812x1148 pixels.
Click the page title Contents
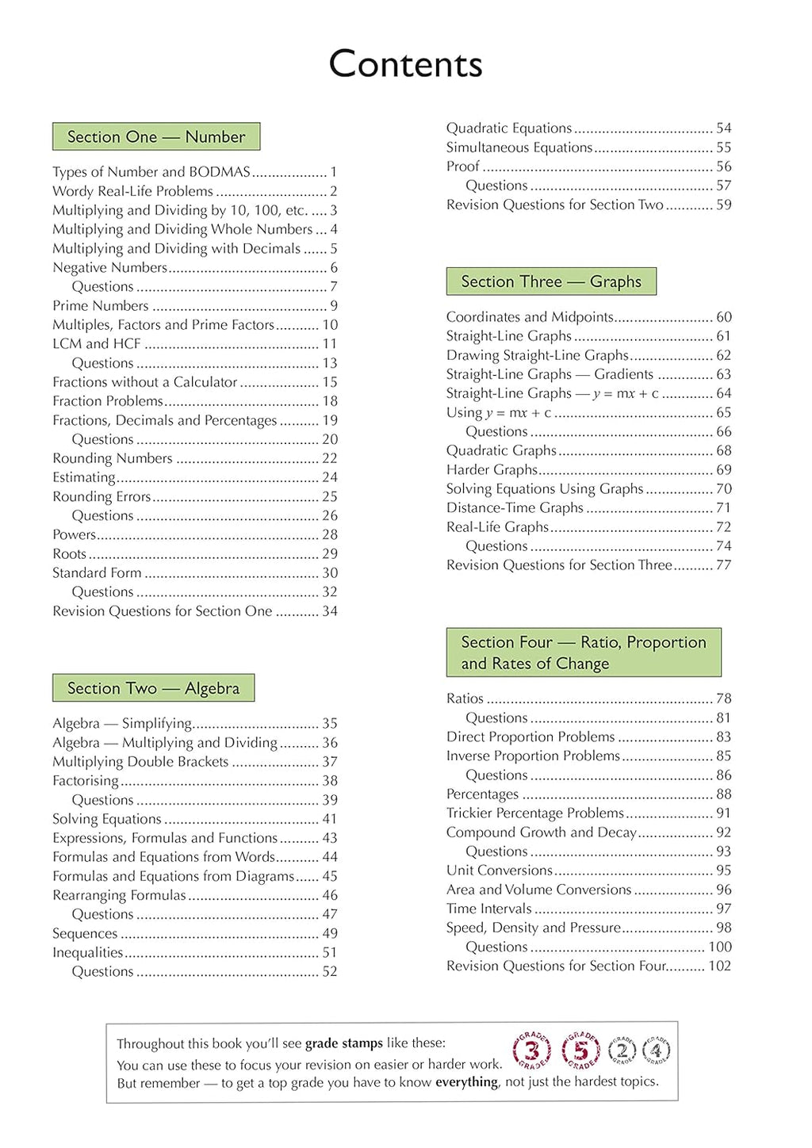tap(405, 64)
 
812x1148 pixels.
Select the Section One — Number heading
tap(156, 137)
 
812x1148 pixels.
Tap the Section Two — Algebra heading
tap(153, 688)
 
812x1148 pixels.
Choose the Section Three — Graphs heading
tap(551, 281)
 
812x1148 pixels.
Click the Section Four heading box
tap(584, 652)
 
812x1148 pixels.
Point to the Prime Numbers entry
tap(101, 306)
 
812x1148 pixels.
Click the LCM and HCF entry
tap(97, 344)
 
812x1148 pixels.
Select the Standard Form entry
tap(98, 573)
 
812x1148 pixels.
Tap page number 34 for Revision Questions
tap(330, 611)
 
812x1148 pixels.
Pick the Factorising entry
tap(86, 781)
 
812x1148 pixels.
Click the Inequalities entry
tap(88, 953)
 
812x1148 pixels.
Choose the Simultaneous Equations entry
tap(519, 147)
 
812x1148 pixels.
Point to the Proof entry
tap(463, 166)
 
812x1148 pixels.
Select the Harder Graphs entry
tap(492, 470)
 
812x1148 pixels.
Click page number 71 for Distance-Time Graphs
tap(723, 508)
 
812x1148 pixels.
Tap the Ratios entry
tap(465, 698)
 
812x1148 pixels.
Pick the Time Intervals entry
tap(488, 909)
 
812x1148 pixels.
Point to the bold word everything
tap(467, 1082)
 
